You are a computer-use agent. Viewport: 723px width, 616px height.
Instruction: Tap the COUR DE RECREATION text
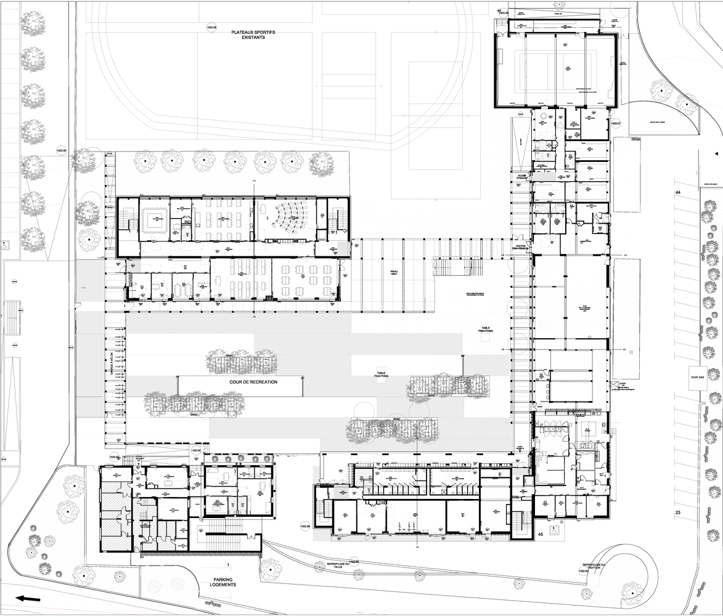[x=253, y=382]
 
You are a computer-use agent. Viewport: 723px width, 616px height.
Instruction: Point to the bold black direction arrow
[x=28, y=598]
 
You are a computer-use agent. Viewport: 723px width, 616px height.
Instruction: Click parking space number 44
[x=677, y=193]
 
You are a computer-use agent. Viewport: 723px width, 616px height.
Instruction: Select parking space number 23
[x=677, y=513]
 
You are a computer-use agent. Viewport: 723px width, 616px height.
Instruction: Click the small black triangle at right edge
[x=716, y=153]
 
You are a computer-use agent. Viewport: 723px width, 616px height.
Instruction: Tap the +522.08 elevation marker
[x=212, y=27]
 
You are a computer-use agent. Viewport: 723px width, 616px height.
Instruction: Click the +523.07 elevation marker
[x=615, y=123]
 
